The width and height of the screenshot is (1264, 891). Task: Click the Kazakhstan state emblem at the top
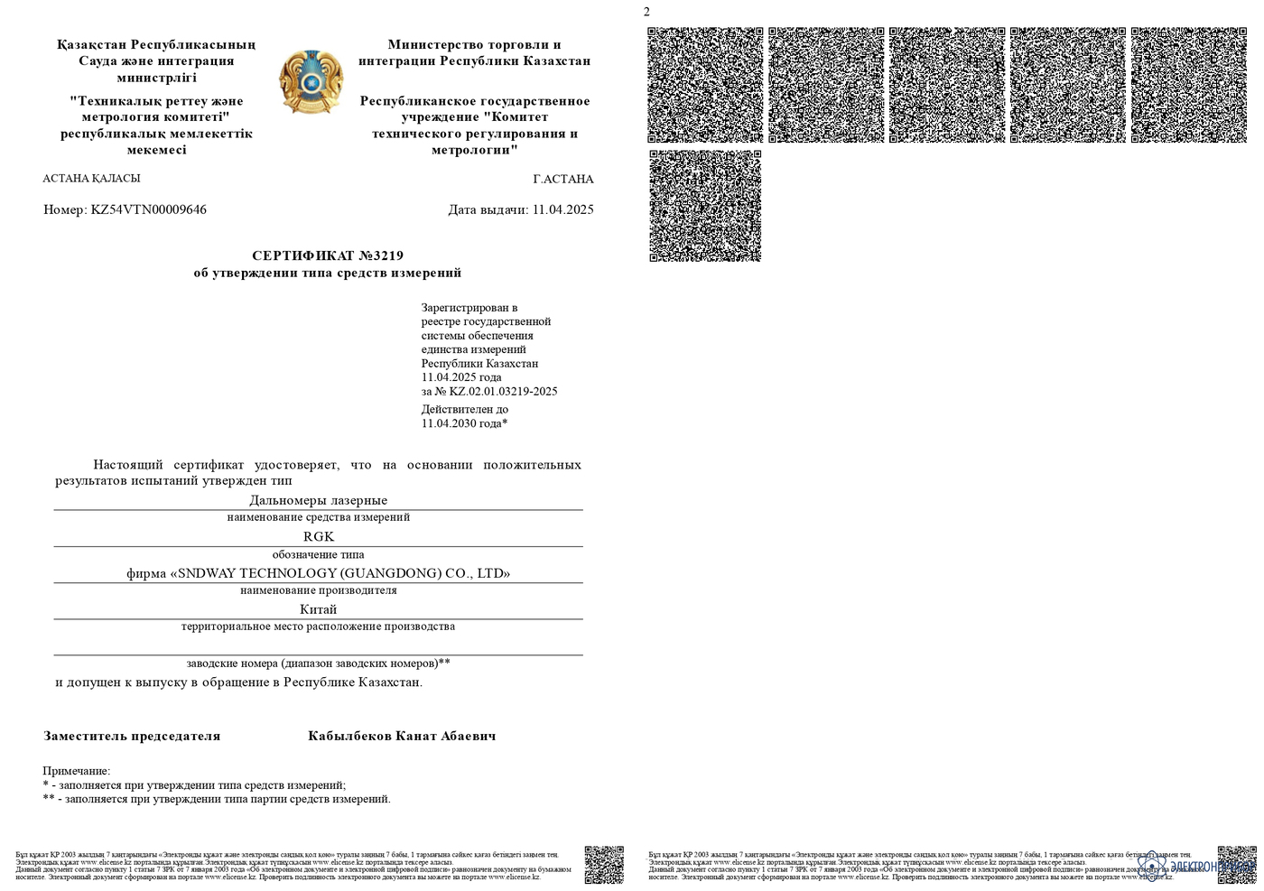311,82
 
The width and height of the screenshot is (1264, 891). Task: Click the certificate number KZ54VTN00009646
149,209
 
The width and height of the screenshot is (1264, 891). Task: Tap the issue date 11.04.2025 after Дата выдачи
562,209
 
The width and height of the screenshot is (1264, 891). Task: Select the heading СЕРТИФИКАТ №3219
328,255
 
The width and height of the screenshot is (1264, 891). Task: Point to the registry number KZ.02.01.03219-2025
503,392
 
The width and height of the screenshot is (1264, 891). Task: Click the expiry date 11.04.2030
461,423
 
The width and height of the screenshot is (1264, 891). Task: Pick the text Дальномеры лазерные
318,500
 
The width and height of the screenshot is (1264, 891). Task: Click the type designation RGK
318,536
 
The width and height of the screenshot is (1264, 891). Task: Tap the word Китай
318,609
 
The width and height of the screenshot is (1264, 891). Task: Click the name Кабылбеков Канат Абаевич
402,736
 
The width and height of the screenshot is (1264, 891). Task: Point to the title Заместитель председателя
132,736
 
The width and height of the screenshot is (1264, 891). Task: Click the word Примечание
76,771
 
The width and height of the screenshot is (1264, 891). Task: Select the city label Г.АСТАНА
563,179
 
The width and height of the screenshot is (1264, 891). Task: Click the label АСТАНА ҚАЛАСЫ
91,178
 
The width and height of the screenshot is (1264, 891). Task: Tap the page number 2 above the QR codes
646,12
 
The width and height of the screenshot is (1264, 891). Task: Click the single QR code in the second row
705,206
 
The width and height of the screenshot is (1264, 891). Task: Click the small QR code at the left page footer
604,864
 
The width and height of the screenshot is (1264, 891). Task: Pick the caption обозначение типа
318,554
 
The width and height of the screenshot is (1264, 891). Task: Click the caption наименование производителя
318,590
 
